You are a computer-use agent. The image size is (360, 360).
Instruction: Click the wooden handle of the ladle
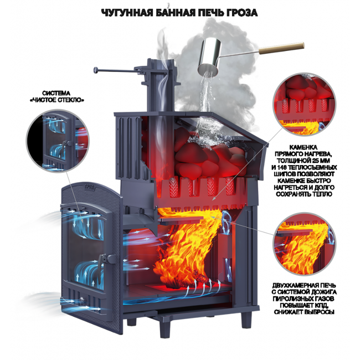(x=281, y=48)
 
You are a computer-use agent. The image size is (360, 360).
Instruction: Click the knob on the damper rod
(x=96, y=70)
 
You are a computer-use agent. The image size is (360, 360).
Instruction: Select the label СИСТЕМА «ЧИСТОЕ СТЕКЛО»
(x=56, y=97)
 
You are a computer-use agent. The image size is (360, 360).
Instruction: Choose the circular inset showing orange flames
(x=304, y=244)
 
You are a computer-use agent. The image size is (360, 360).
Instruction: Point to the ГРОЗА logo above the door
(x=90, y=187)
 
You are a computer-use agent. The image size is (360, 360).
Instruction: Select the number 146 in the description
(x=282, y=167)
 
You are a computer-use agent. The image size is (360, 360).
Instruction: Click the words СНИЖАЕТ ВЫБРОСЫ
(x=304, y=312)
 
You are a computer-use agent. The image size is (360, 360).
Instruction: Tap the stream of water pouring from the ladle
(x=205, y=99)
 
